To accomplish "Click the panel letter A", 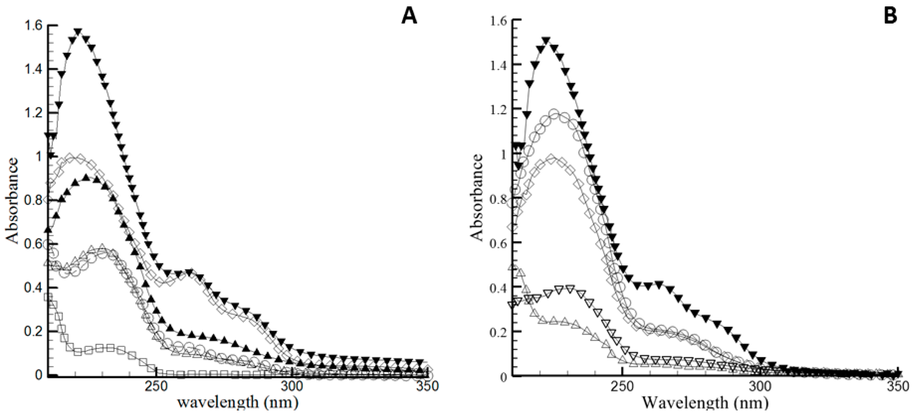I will point(409,16).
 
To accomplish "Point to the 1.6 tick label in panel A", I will point(33,26).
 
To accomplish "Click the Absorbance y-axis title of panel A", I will point(12,201).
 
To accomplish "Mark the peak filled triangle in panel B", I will point(546,40).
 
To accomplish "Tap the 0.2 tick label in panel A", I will point(33,332).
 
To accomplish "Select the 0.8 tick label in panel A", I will point(33,200).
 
